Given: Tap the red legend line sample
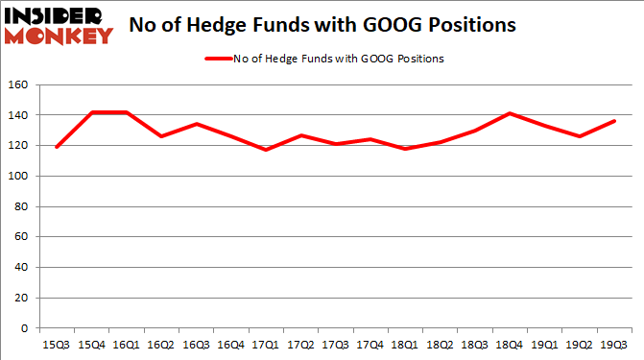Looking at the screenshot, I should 218,59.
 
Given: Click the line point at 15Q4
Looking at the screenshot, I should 92,112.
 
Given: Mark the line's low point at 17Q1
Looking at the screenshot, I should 266,150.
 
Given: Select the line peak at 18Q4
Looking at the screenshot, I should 510,113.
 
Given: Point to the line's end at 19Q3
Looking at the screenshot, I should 613,121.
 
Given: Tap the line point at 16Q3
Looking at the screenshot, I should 197,124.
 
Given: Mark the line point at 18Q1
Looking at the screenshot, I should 405,149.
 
